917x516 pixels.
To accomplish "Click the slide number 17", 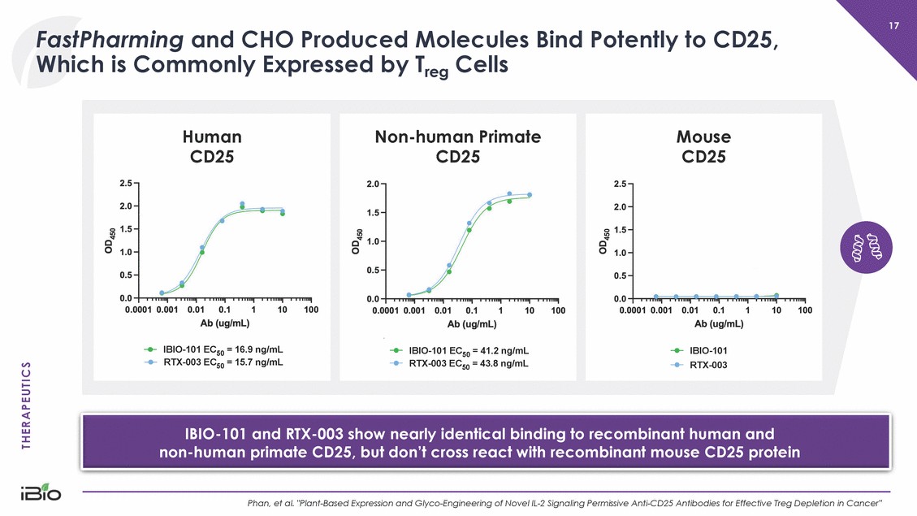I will pos(893,27).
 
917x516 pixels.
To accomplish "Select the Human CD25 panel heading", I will pos(212,145).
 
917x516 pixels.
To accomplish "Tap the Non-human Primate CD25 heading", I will pos(458,145).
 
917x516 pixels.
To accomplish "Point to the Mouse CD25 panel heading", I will pos(703,145).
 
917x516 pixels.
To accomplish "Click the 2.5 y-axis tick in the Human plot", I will pos(127,183).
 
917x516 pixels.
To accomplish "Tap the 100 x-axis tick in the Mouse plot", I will pos(805,310).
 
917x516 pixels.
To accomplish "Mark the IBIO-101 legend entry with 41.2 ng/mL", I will pos(461,351).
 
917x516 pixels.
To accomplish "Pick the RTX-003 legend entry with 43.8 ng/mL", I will pos(461,364).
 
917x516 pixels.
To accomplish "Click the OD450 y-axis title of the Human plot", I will pos(110,241).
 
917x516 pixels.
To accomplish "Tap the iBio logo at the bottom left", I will pos(40,495).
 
